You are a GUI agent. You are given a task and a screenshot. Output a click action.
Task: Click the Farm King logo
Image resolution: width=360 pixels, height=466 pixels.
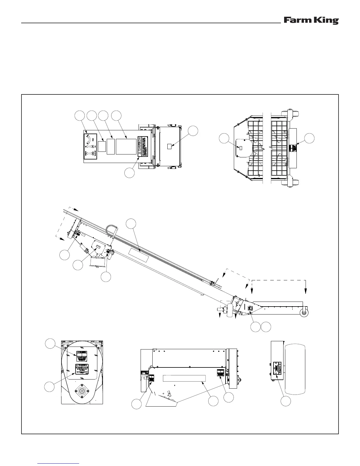click(x=311, y=21)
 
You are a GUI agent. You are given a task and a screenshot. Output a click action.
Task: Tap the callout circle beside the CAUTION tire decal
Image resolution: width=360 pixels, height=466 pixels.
click(x=285, y=401)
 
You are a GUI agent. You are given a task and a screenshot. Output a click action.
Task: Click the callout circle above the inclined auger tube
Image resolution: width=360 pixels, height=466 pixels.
click(x=131, y=223)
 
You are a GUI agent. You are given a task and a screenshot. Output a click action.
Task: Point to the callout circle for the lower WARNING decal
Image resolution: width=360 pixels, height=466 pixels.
click(x=50, y=387)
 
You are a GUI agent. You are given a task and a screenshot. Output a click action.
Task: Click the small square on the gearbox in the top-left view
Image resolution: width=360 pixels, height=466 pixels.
click(x=169, y=146)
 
